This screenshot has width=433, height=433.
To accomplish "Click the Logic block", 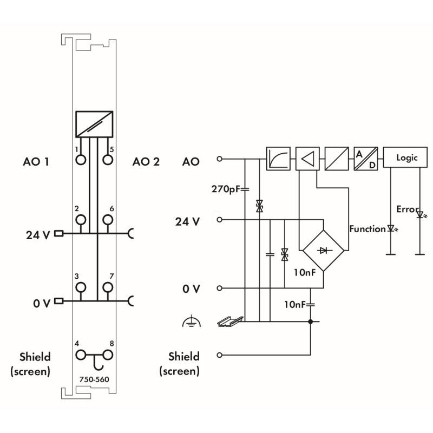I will point(407,159).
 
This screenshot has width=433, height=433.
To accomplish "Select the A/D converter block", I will point(365,159).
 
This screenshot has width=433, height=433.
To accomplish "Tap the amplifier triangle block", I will point(307,159).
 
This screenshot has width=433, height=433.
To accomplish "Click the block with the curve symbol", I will point(278,159).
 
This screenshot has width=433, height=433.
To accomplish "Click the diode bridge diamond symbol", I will point(323,250).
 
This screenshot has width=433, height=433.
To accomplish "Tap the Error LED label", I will point(407,209).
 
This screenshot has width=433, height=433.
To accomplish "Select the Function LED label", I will point(368,229).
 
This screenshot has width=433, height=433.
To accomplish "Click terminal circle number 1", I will point(81,160).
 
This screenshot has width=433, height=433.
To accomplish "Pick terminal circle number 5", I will point(108,160).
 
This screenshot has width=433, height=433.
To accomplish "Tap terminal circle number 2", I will point(81,220).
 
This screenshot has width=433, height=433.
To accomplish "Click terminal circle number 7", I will point(108,287).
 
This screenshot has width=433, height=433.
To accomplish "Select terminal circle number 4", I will point(81,355).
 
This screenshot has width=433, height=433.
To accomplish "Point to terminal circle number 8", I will point(108,355).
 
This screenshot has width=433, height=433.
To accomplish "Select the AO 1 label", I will point(36,161).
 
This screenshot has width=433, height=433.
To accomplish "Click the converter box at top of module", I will point(94,124).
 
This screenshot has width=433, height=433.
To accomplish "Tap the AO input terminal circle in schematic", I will point(219,159).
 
